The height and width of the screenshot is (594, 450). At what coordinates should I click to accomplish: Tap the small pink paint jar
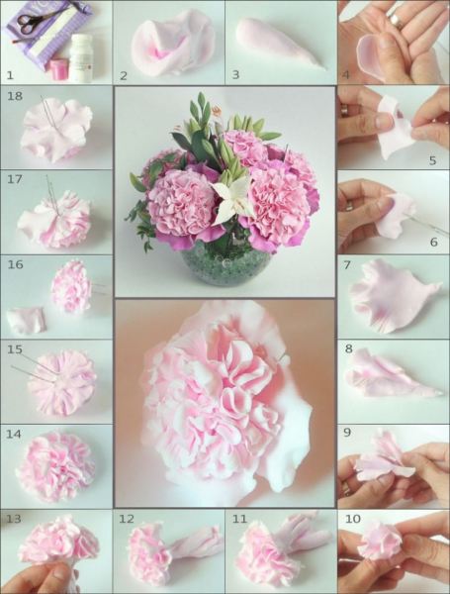click(x=59, y=69)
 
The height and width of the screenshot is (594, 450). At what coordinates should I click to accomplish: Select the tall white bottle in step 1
click(x=81, y=58)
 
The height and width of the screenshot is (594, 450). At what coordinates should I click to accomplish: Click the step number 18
click(x=15, y=96)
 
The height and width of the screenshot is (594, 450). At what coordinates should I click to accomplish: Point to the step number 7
click(x=347, y=264)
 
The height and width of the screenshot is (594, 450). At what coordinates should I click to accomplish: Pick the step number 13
click(x=14, y=519)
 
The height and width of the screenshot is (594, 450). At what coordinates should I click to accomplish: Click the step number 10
click(x=353, y=519)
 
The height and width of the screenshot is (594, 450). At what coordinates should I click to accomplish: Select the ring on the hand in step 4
click(x=397, y=21)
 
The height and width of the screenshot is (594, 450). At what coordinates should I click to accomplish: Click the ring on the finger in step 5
click(x=344, y=110)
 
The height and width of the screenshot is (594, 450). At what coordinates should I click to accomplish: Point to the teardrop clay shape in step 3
click(x=278, y=43)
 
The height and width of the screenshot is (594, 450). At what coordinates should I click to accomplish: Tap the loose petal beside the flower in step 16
click(x=26, y=321)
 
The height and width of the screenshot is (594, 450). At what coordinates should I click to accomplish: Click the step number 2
click(x=124, y=75)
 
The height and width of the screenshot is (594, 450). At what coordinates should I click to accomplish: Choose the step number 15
click(x=15, y=348)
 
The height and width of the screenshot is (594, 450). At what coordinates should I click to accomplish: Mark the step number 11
click(x=239, y=519)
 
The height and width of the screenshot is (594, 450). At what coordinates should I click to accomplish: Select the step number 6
click(x=434, y=243)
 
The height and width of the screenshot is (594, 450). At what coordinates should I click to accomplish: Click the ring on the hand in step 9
click(x=346, y=488)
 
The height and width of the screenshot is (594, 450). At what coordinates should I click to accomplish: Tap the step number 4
click(x=345, y=75)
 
